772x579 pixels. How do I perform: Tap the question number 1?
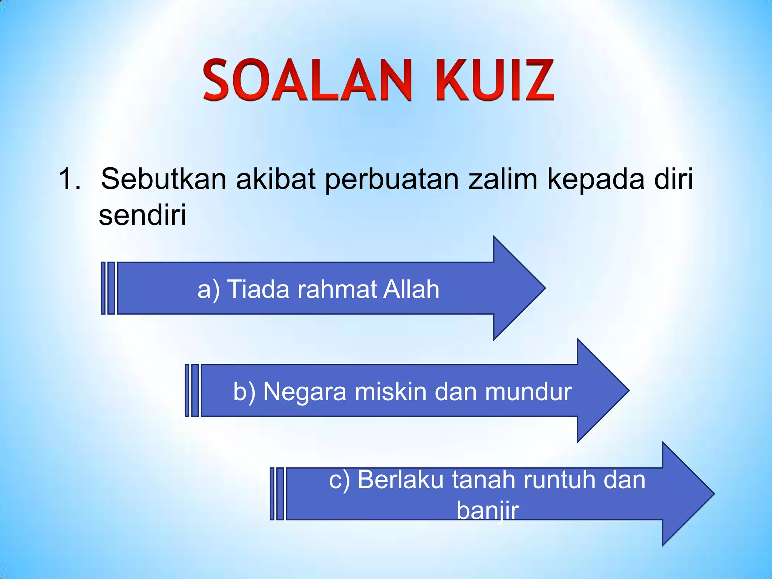click(x=69, y=178)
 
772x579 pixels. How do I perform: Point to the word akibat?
click(x=276, y=178)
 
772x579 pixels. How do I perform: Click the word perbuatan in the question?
click(x=392, y=179)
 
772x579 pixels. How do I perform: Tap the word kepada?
click(x=596, y=179)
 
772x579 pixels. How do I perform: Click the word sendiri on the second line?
click(x=142, y=214)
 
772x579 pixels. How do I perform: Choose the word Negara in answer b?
click(x=305, y=392)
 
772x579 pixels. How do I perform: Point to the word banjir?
click(x=488, y=511)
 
